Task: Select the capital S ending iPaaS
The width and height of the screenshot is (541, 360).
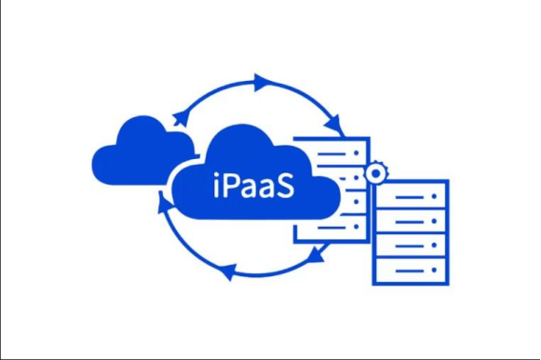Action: pyautogui.click(x=285, y=184)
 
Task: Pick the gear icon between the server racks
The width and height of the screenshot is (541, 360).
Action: pyautogui.click(x=375, y=172)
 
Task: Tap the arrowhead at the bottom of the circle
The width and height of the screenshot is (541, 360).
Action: pyautogui.click(x=228, y=273)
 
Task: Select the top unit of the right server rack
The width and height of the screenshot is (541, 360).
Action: pyautogui.click(x=410, y=197)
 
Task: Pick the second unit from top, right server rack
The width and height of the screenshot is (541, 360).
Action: pyautogui.click(x=410, y=220)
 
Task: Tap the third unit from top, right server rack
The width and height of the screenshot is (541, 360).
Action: pyautogui.click(x=410, y=244)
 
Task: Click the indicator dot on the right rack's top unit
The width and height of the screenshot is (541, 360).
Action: pyautogui.click(x=436, y=197)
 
